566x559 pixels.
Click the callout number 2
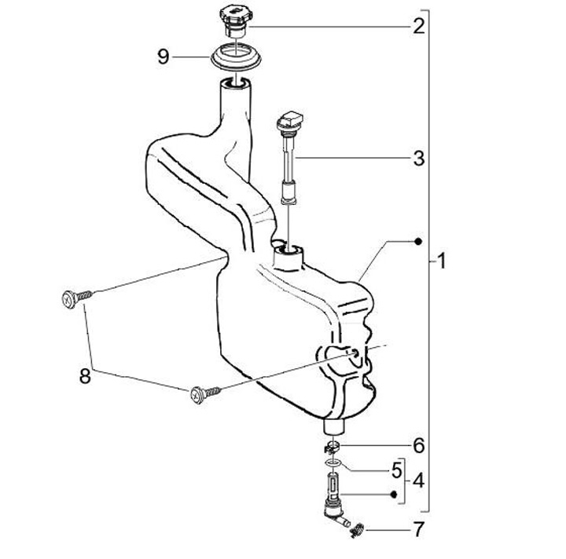tap(419, 26)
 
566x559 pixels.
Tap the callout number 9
tap(164, 57)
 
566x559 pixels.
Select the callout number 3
tap(419, 158)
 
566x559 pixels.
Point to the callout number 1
tap(442, 261)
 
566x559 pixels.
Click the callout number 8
tap(85, 376)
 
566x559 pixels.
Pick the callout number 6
tap(419, 446)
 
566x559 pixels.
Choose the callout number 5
tap(397, 470)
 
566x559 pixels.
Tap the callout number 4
tap(418, 480)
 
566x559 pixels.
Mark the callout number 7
tap(418, 529)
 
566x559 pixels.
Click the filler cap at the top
tap(234, 21)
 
